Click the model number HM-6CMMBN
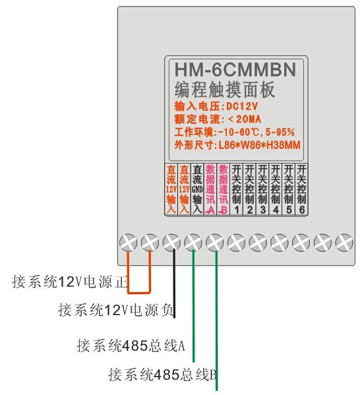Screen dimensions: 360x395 (x=235, y=69)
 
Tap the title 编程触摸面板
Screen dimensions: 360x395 (x=224, y=90)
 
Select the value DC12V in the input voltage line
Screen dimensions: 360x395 (x=242, y=106)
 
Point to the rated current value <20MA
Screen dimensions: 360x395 (x=244, y=119)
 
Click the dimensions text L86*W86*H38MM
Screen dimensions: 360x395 (x=259, y=145)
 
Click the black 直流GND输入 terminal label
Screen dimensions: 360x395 (x=197, y=189)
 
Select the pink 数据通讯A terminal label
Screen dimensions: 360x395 (x=210, y=189)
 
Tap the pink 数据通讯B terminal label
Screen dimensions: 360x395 (x=224, y=189)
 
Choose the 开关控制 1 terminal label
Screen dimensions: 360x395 (x=236, y=189)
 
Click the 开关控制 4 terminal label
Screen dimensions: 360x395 (x=276, y=189)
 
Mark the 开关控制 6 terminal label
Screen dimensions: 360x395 (x=301, y=189)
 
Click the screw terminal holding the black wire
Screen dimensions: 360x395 (x=171, y=242)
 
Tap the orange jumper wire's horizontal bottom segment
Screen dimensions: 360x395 (x=139, y=293)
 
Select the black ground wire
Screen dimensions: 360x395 (x=174, y=283)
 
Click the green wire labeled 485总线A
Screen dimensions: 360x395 (x=193, y=305)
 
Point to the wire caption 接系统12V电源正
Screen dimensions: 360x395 (x=70, y=282)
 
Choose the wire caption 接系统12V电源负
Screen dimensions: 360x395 (x=116, y=310)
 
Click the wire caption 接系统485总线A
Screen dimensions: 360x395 (x=131, y=346)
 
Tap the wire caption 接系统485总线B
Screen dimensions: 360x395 (x=163, y=375)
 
